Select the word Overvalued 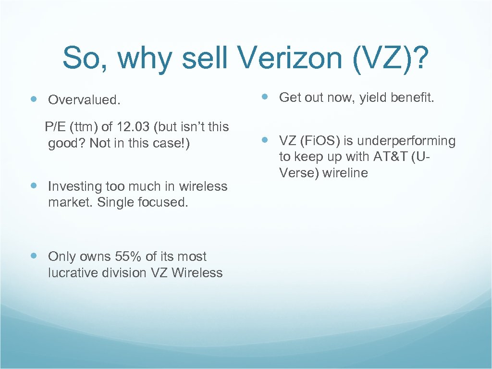[x=84, y=100]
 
